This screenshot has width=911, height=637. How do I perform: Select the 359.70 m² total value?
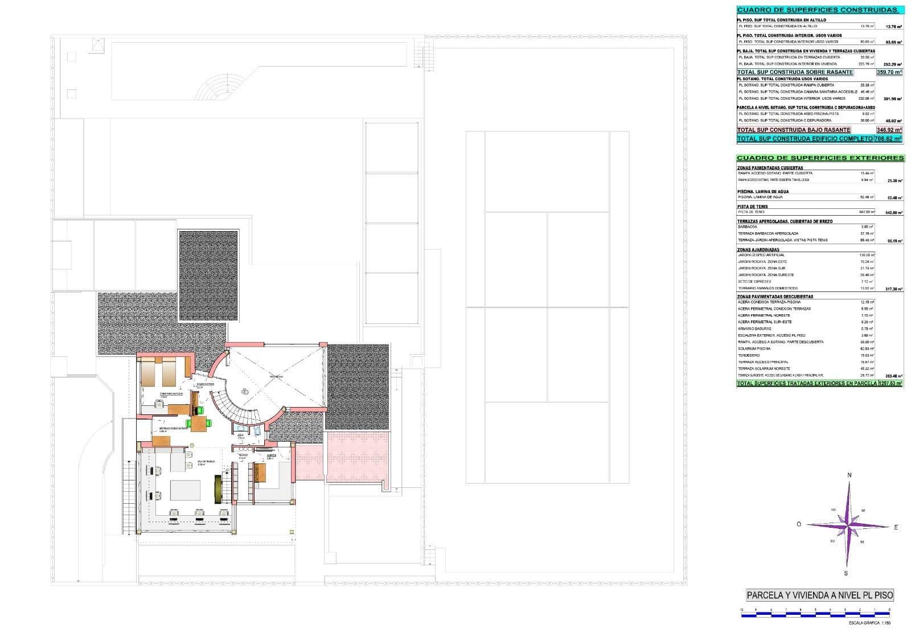point(889,72)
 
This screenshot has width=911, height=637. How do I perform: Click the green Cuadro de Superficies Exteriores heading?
point(820,158)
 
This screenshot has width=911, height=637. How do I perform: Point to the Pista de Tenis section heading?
point(753,207)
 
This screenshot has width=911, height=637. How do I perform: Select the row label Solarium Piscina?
point(754,348)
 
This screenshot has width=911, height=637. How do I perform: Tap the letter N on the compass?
point(849,475)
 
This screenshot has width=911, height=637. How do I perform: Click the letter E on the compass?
point(896,527)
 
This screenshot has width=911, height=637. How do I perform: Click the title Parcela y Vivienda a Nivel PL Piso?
point(820,595)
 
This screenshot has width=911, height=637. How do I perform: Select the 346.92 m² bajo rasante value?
point(889,130)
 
